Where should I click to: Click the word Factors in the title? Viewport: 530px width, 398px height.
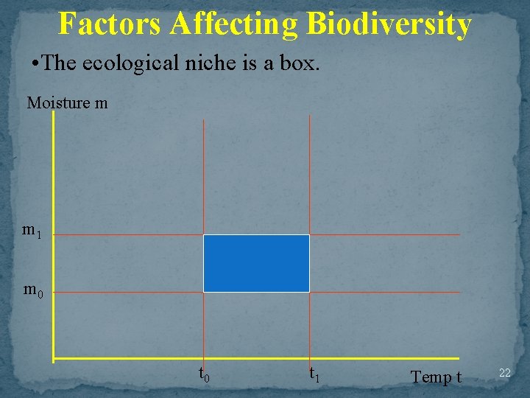point(110,24)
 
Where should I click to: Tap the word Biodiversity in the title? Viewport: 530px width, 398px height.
point(389,24)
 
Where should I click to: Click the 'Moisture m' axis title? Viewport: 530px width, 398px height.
point(67,103)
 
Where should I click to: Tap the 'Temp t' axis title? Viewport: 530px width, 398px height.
point(436,377)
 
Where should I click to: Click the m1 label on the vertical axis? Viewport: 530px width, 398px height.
point(32,231)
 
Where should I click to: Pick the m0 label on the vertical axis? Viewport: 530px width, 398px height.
point(33,290)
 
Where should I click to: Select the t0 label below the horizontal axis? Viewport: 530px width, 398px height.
point(205,374)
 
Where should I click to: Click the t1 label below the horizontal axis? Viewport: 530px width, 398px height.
point(314,374)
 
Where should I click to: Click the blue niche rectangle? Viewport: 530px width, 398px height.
point(256,263)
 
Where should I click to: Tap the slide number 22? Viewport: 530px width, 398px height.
point(504,374)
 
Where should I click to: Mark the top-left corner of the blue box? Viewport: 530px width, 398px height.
point(204,235)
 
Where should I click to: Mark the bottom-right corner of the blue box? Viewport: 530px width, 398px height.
point(309,292)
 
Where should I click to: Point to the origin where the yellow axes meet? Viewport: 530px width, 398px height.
point(54,359)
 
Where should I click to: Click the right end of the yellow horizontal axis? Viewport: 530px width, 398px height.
point(459,359)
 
